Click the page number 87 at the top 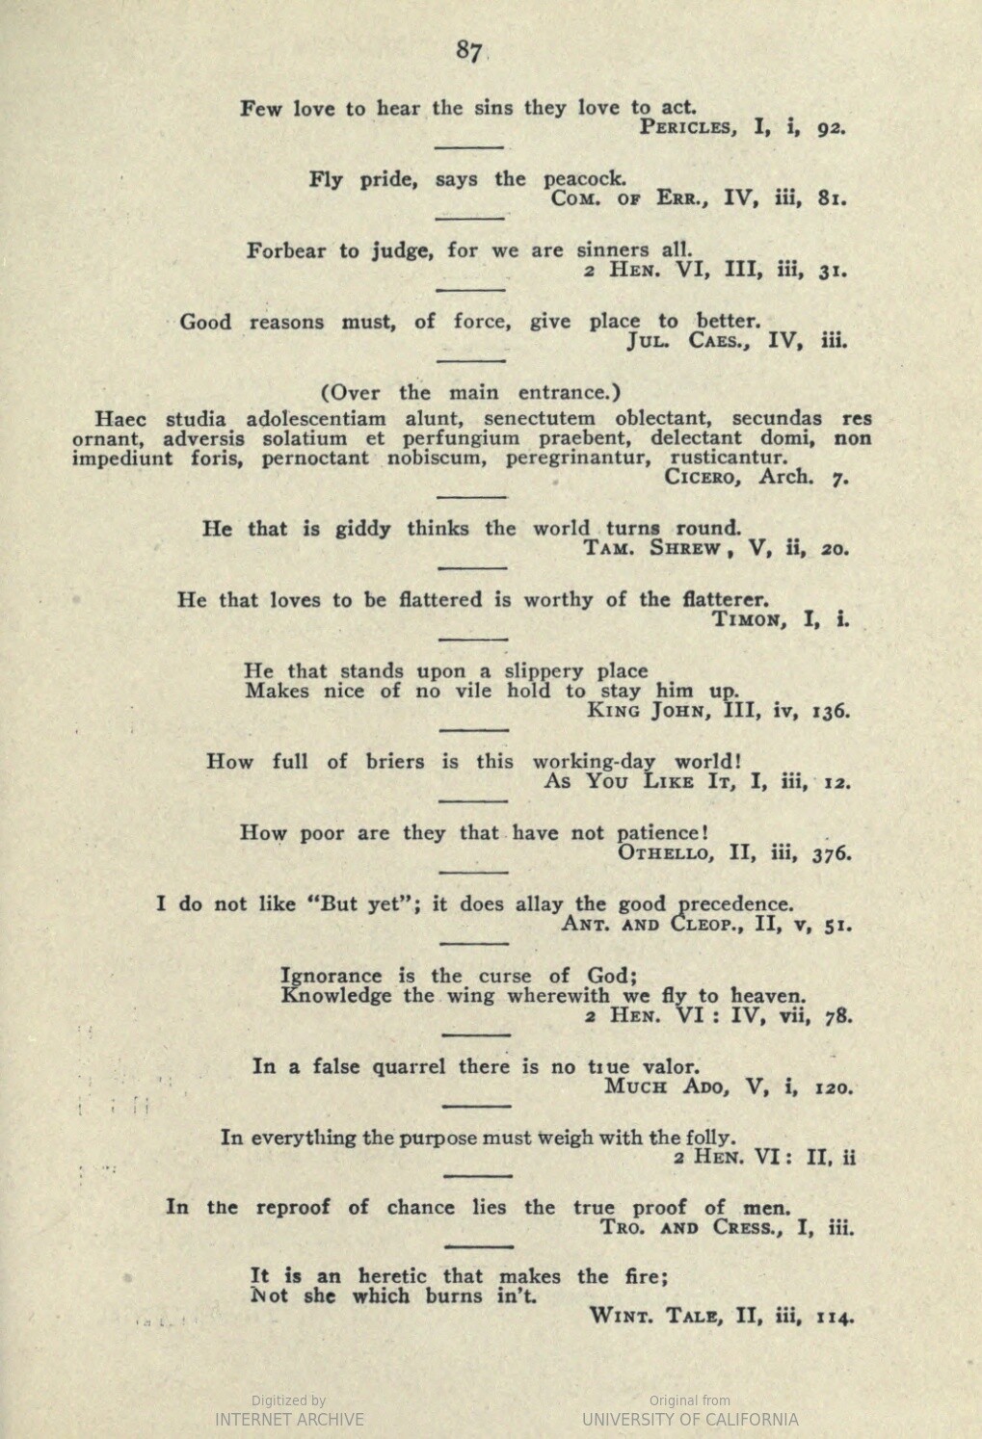tap(469, 51)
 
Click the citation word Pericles tap(690, 128)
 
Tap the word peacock tap(585, 179)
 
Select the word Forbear tap(286, 251)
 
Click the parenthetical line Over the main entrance tap(470, 393)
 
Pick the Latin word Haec tap(119, 419)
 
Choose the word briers tap(395, 762)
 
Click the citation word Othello tap(666, 853)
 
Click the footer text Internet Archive tap(289, 1420)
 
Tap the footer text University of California tap(690, 1420)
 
